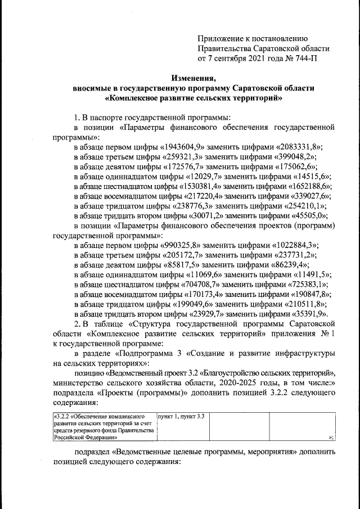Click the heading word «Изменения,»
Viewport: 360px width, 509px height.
coord(193,78)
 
